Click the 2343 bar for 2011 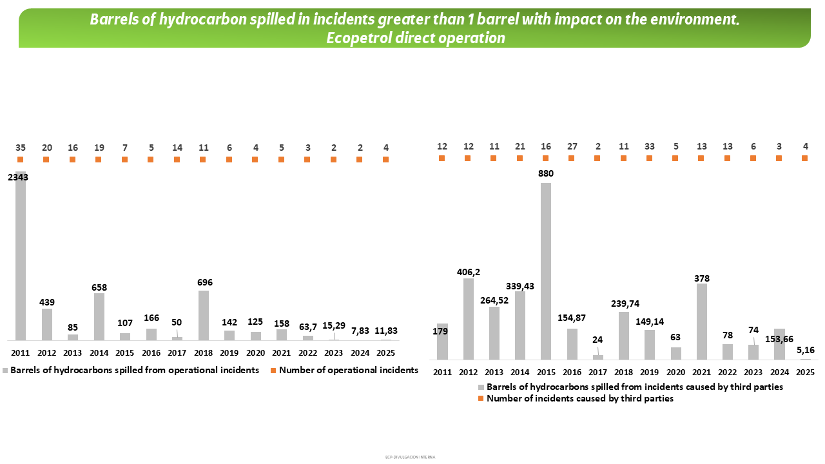tap(21, 258)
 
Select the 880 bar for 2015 tap(546, 271)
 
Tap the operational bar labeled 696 tap(203, 315)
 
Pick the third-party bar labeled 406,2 tap(468, 318)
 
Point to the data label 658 tap(99, 287)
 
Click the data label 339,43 tap(520, 285)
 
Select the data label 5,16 tap(806, 351)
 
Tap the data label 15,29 tap(333, 328)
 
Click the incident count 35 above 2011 tap(21, 148)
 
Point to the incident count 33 tap(649, 146)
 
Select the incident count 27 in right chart tap(572, 146)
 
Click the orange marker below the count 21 tap(519, 158)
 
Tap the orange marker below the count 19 tap(99, 159)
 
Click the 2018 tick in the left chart tap(203, 353)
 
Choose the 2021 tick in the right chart tap(702, 372)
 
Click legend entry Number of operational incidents tap(348, 371)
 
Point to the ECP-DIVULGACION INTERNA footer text tap(410, 457)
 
